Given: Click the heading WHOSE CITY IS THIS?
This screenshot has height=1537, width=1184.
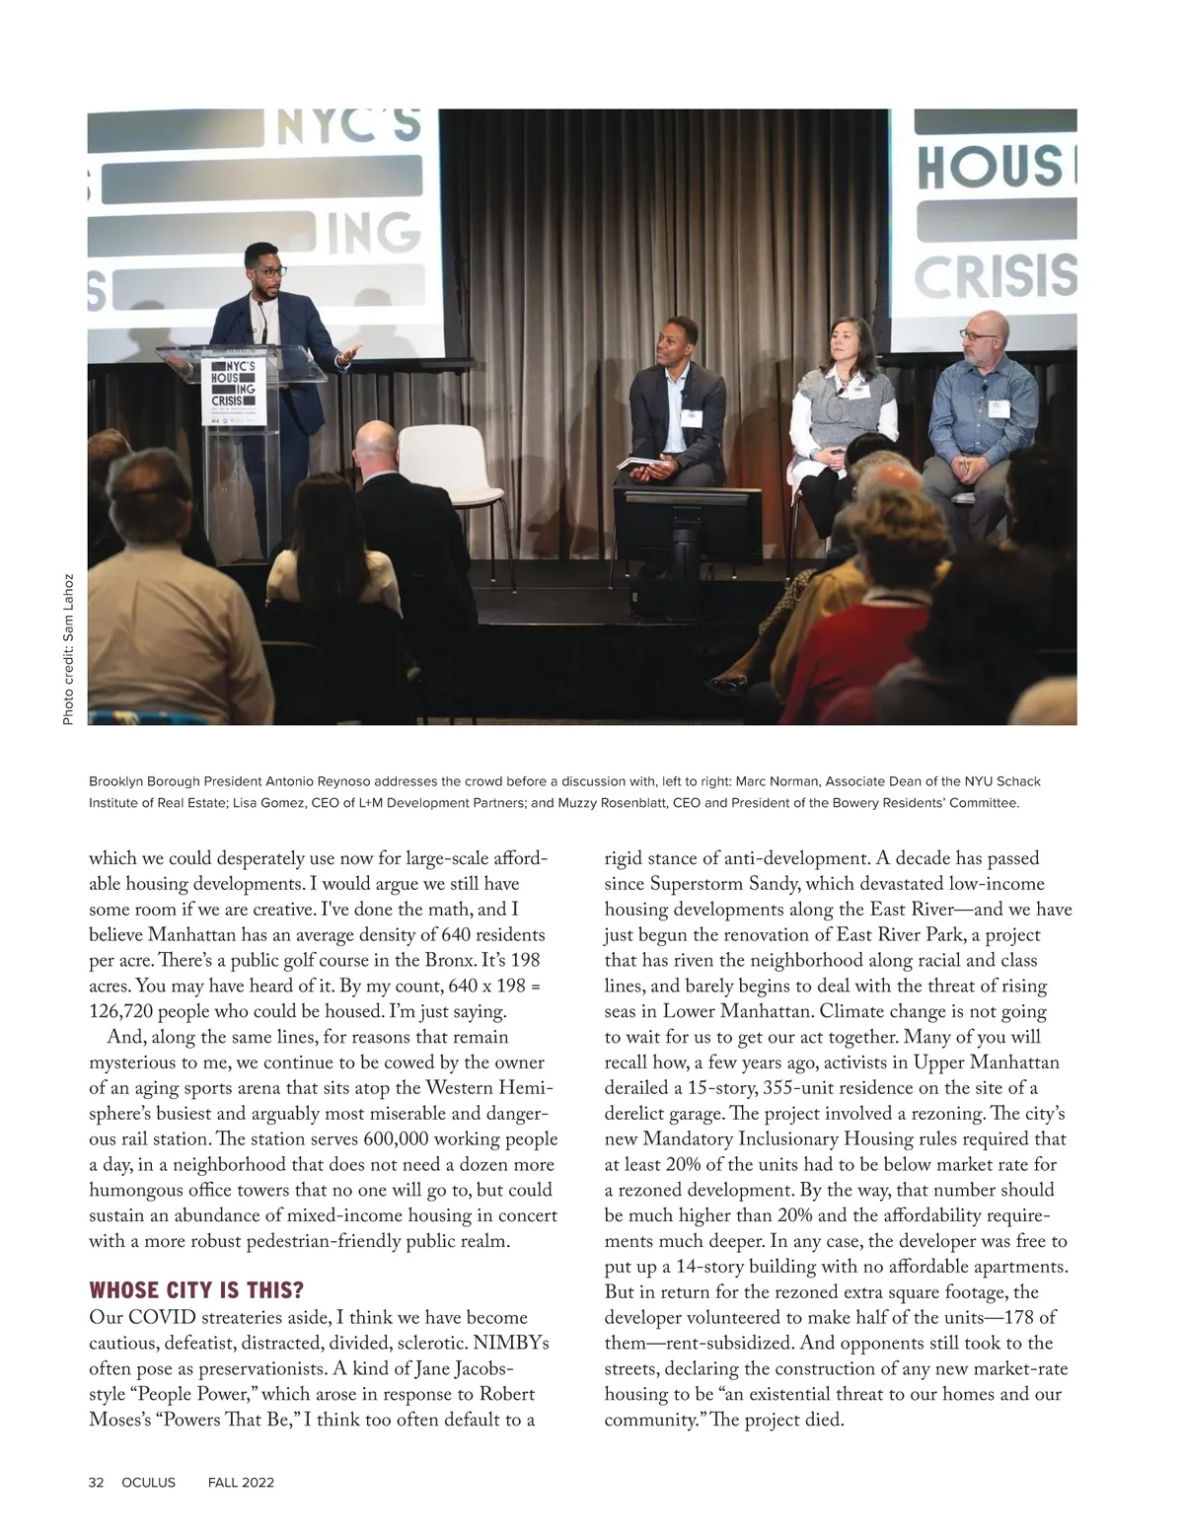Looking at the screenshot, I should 196,1290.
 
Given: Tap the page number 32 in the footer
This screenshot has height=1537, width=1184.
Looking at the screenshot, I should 97,1483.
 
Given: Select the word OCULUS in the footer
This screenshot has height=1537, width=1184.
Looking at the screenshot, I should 148,1483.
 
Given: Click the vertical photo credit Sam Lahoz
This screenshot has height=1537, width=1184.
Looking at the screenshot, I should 68,649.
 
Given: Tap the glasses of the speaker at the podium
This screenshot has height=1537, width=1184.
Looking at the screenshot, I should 262,268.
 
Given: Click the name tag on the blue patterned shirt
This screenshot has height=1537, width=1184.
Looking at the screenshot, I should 999,406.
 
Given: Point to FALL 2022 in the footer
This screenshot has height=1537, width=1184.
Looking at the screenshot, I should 241,1483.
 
